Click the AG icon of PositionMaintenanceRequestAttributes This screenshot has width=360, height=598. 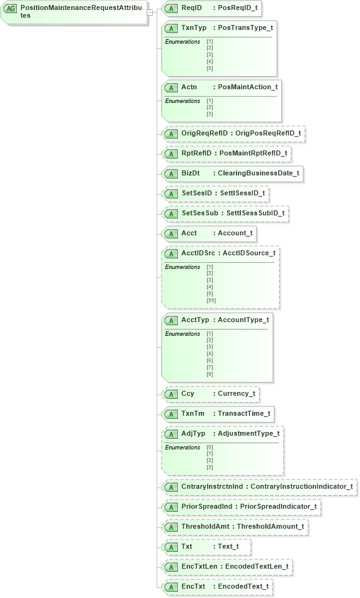pyautogui.click(x=11, y=9)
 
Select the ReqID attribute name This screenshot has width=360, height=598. pyautogui.click(x=191, y=8)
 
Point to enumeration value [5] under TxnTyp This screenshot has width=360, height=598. pyautogui.click(x=210, y=69)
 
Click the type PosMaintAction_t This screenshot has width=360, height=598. pyautogui.click(x=248, y=87)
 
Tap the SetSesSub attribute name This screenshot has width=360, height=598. pyautogui.click(x=200, y=213)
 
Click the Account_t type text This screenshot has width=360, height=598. pyautogui.click(x=235, y=233)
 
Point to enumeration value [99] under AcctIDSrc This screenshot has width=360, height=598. pyautogui.click(x=211, y=300)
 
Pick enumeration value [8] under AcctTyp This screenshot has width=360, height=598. pyautogui.click(x=210, y=374)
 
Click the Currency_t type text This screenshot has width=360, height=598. pyautogui.click(x=236, y=394)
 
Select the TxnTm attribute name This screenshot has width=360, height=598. pyautogui.click(x=193, y=414)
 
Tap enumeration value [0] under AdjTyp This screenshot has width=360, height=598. pyautogui.click(x=210, y=447)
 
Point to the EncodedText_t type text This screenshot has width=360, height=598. pyautogui.click(x=243, y=587)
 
